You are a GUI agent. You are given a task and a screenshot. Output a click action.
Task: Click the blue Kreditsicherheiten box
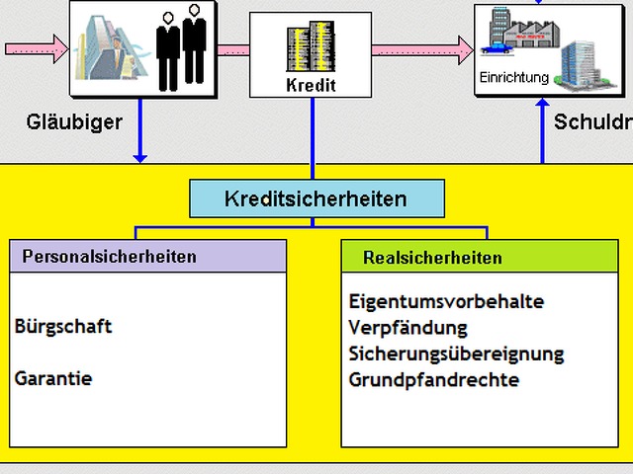[316, 198]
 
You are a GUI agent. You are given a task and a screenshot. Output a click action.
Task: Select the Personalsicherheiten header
[109, 257]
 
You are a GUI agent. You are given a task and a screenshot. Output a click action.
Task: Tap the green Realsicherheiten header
[432, 258]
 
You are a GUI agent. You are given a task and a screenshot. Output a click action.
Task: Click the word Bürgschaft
[63, 327]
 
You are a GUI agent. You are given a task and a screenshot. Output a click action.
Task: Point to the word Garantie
[53, 378]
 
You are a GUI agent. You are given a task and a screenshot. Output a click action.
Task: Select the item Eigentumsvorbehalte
[446, 301]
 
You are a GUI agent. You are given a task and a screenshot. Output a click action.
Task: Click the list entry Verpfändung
[407, 327]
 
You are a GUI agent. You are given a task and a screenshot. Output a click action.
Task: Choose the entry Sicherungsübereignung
[456, 354]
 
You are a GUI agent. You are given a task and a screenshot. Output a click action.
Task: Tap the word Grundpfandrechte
[433, 379]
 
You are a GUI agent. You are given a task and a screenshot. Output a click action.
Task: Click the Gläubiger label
[74, 122]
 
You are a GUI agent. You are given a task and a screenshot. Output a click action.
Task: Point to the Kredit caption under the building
[311, 85]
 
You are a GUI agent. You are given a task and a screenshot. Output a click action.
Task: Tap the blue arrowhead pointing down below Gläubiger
[140, 155]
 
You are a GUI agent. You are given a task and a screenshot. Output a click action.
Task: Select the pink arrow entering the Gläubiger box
[35, 47]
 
